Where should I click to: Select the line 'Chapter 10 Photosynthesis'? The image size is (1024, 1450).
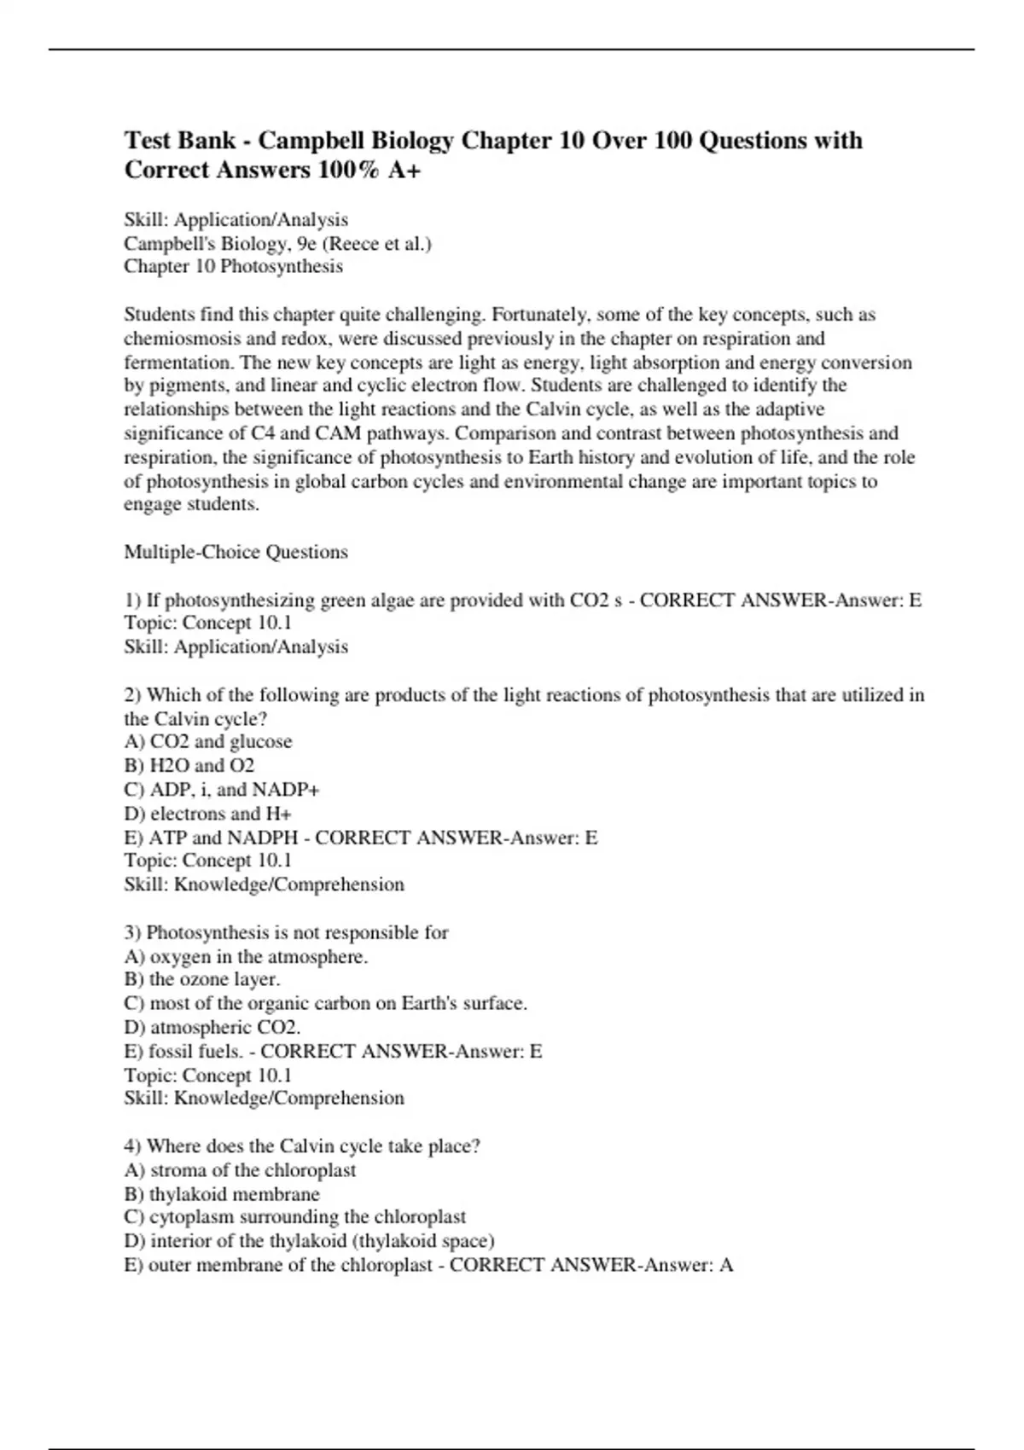pyautogui.click(x=233, y=267)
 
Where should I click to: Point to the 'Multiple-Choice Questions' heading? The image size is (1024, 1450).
pyautogui.click(x=236, y=553)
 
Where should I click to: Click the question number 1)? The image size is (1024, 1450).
pyautogui.click(x=133, y=600)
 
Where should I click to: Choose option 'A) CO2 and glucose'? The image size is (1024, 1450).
pyautogui.click(x=207, y=742)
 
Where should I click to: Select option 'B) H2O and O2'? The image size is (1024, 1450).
pyautogui.click(x=189, y=766)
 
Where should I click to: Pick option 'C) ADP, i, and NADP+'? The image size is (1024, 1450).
pyautogui.click(x=221, y=790)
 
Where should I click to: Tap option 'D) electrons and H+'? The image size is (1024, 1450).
pyautogui.click(x=207, y=814)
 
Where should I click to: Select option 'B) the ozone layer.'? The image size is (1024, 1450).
pyautogui.click(x=201, y=980)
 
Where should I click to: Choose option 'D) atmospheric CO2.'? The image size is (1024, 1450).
pyautogui.click(x=212, y=1028)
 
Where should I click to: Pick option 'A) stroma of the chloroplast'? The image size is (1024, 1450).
pyautogui.click(x=239, y=1170)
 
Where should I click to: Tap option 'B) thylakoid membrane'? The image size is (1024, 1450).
pyautogui.click(x=221, y=1194)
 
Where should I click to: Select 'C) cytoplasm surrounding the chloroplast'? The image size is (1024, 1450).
pyautogui.click(x=294, y=1217)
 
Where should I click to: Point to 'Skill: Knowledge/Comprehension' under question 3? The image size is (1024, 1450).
pyautogui.click(x=264, y=1099)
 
